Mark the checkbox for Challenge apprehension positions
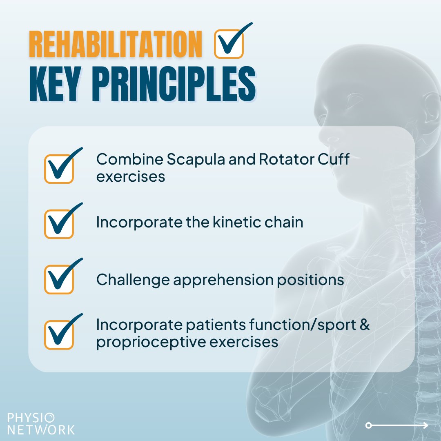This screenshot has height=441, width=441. [59, 279]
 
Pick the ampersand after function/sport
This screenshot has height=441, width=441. [365, 325]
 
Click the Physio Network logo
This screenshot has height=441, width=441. [41, 424]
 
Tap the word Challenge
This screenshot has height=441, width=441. [132, 281]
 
